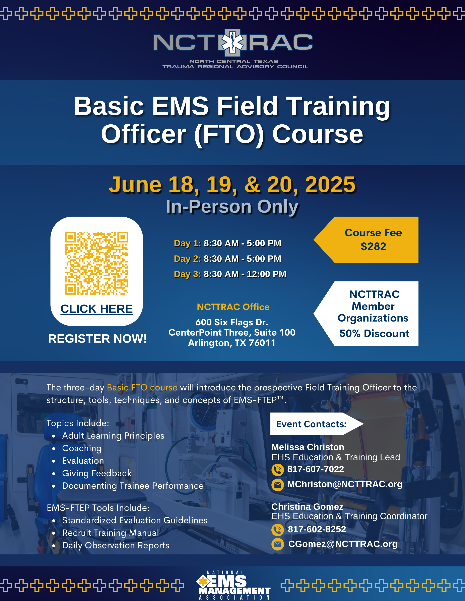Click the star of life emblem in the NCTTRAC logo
point(232,43)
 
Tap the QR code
point(97,263)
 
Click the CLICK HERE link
point(97,309)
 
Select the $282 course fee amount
point(373,246)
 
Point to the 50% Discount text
point(374,334)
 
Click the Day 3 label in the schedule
point(187,274)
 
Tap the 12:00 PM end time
point(266,274)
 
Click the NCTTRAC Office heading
point(233,307)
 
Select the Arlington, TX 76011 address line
point(232,343)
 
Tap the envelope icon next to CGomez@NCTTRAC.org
point(278,544)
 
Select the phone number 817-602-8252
point(317,529)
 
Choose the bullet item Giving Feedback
point(97,473)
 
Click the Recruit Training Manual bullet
point(111,533)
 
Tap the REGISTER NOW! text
point(97,339)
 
